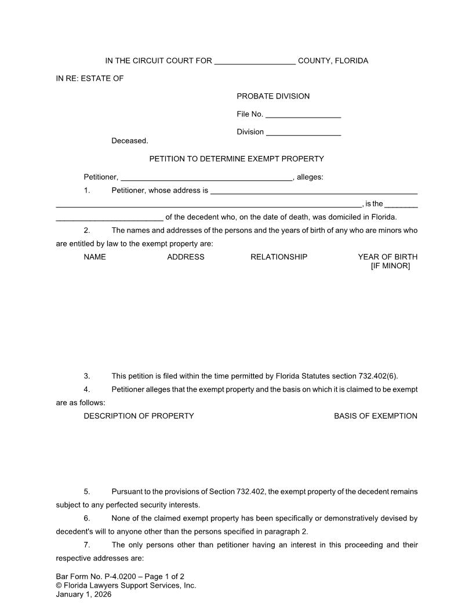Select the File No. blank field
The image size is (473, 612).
(303, 115)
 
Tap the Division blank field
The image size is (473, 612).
(303, 133)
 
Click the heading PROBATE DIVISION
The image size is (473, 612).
(273, 96)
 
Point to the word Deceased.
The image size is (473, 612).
(130, 141)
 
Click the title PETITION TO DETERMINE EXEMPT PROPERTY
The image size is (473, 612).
(237, 159)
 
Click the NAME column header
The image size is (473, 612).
(95, 257)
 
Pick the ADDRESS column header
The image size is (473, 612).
(185, 257)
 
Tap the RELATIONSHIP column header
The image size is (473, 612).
(279, 257)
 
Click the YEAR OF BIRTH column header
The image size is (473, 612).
(387, 257)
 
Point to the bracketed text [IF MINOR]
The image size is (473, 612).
(390, 266)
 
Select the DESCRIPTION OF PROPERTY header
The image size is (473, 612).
(139, 416)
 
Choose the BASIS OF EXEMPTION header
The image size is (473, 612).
(376, 416)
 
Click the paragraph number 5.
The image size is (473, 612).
(87, 491)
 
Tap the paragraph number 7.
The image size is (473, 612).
(87, 545)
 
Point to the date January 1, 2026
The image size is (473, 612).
(83, 594)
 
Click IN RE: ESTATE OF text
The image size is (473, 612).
(90, 78)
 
